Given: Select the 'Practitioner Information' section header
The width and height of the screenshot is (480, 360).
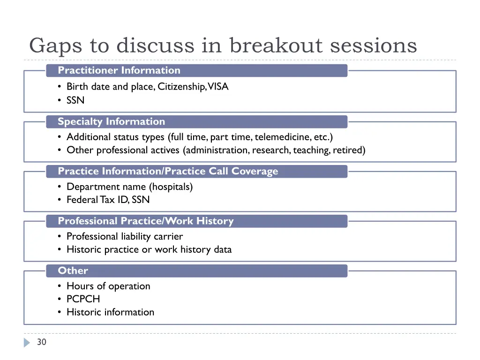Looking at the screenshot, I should tap(119, 70).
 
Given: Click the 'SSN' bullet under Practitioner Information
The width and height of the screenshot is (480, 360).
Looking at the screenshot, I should tap(75, 100).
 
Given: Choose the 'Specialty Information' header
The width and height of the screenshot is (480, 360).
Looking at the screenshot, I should tap(111, 122).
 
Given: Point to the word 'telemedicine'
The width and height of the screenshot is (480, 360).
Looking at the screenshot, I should tap(278, 137).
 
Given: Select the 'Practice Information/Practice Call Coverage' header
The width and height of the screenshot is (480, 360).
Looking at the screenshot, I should tap(167, 172).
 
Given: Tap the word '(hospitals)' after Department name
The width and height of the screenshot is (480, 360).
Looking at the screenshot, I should tap(171, 187).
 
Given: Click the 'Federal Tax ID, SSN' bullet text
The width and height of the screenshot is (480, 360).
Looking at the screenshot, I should tap(108, 200).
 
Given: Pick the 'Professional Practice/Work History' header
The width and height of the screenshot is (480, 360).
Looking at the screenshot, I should tap(145, 221).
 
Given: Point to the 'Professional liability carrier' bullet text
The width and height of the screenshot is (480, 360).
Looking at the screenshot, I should tap(124, 236).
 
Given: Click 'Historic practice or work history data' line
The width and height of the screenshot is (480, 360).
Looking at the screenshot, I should tap(149, 249).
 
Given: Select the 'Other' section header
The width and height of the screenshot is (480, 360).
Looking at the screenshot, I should tap(73, 271).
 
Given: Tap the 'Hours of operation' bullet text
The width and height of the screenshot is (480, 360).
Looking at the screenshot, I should tap(108, 286).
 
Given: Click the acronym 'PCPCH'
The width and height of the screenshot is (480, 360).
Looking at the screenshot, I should tap(83, 299).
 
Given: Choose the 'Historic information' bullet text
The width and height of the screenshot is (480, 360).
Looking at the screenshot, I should tap(110, 312).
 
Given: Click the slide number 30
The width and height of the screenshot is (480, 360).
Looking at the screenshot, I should tap(42, 342).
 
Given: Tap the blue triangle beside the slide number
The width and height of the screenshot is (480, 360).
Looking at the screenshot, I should tap(27, 343).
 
